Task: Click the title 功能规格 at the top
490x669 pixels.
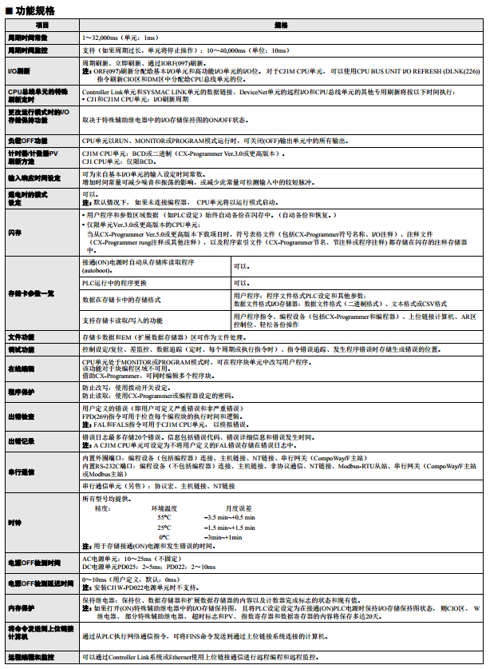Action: tap(32, 10)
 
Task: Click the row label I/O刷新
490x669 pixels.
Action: tap(19, 70)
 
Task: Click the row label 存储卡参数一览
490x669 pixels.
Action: tap(31, 293)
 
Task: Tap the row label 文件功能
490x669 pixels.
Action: tap(22, 337)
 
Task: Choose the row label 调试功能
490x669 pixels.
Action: tap(22, 349)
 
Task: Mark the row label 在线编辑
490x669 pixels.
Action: tap(22, 368)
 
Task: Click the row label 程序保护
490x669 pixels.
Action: tap(22, 392)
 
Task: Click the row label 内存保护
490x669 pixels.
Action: tap(22, 607)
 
